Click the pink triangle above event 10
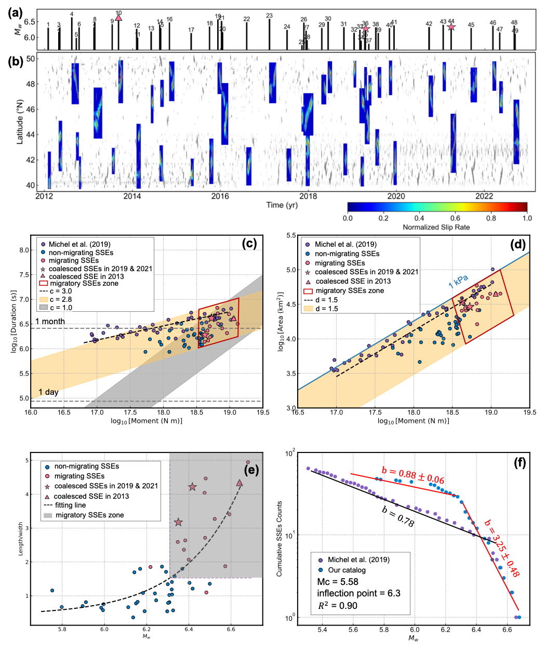pos(118,18)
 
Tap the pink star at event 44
pos(451,26)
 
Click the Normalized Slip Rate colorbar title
pos(436,228)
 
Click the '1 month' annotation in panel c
pos(50,322)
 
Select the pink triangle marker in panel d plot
pos(496,294)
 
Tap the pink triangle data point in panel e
pos(240,483)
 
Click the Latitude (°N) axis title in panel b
pos(20,123)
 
